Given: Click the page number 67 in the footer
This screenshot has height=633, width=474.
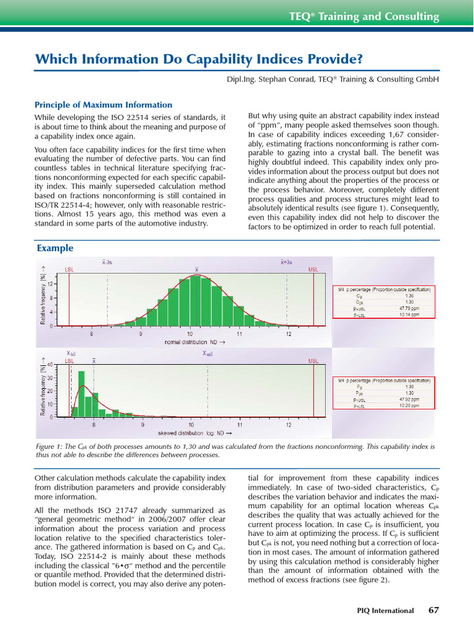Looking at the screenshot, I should pyautogui.click(x=433, y=610).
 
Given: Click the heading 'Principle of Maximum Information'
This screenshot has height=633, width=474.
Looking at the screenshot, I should pyautogui.click(x=103, y=104).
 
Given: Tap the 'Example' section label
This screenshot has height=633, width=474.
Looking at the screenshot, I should pyautogui.click(x=55, y=248).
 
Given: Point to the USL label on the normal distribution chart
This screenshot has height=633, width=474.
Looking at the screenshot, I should pyautogui.click(x=314, y=270).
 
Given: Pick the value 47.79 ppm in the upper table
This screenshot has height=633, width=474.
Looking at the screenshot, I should pyautogui.click(x=408, y=308).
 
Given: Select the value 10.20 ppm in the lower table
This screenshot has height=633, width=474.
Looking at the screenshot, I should pyautogui.click(x=408, y=406).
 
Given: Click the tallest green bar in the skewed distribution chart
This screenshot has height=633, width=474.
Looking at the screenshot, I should pyautogui.click(x=81, y=394).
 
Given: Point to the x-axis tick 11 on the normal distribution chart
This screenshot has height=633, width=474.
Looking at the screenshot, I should pyautogui.click(x=239, y=334).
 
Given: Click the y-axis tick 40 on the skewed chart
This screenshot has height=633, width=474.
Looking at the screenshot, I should pyautogui.click(x=51, y=364).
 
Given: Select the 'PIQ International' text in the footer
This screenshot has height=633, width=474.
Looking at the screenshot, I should pyautogui.click(x=385, y=611).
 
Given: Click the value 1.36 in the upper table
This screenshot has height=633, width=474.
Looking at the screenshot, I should pyautogui.click(x=408, y=295).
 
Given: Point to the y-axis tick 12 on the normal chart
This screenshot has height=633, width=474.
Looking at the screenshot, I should pyautogui.click(x=51, y=284).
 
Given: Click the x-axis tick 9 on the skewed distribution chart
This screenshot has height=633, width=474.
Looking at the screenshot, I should pyautogui.click(x=142, y=425).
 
